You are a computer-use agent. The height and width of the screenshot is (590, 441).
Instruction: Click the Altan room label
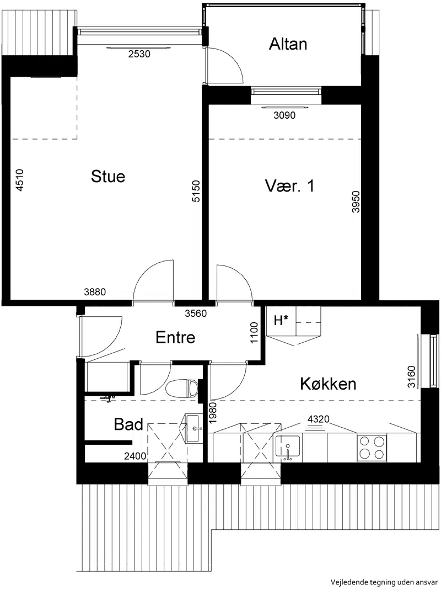click(x=288, y=44)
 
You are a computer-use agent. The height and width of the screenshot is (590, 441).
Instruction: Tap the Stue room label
click(x=108, y=177)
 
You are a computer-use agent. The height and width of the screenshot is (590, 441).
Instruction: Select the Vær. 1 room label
click(x=289, y=186)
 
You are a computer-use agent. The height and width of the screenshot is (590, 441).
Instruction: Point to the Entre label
click(x=175, y=337)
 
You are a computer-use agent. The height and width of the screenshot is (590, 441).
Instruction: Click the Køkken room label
click(x=328, y=384)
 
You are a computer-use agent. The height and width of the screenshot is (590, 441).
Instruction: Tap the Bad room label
click(x=128, y=424)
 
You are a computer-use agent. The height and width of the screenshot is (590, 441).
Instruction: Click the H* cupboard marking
click(x=281, y=321)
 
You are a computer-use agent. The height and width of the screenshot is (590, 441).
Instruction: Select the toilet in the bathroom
click(x=181, y=389)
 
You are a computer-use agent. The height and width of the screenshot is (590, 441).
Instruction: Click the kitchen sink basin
click(x=288, y=448)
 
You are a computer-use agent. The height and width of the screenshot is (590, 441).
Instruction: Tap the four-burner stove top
click(x=372, y=448)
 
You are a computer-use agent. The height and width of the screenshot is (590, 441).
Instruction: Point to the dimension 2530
click(x=139, y=54)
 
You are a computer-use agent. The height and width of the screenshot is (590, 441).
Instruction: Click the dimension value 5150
click(x=196, y=191)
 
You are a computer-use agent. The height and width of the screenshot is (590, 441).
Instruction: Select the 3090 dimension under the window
click(x=284, y=115)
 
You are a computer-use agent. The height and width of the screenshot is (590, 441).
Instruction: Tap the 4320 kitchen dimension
click(x=319, y=419)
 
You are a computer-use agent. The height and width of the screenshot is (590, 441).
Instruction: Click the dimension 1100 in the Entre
click(x=254, y=333)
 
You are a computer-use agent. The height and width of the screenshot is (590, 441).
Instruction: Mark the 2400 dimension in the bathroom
click(x=136, y=456)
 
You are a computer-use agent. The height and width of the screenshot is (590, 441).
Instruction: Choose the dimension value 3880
click(x=95, y=291)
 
